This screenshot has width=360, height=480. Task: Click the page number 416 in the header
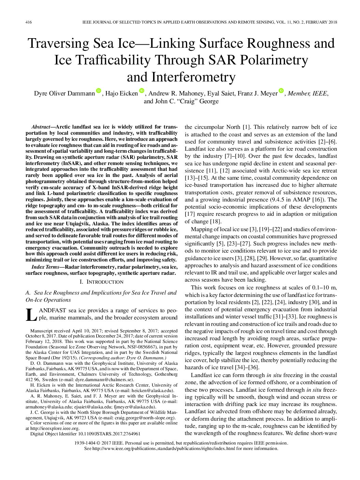[29, 22]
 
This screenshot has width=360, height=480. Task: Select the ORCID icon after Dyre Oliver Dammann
[99, 91]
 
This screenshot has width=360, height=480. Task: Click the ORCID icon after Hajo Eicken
[142, 91]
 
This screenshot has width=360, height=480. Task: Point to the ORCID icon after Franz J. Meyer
[281, 91]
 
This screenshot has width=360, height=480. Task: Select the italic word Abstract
[41, 126]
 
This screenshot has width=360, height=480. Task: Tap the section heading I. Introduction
[101, 282]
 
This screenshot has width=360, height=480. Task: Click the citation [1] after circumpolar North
[246, 127]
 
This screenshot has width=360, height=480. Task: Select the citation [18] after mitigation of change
[216, 222]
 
